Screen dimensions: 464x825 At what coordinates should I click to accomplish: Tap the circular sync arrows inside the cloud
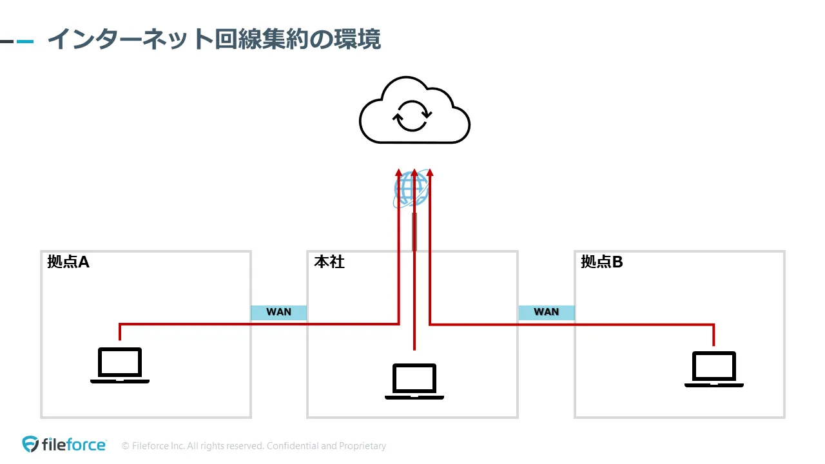point(412,116)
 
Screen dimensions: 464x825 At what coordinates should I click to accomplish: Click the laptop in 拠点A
point(120,365)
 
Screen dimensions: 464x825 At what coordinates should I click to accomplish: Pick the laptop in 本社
point(414,382)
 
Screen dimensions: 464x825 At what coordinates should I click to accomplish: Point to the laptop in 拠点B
point(713,369)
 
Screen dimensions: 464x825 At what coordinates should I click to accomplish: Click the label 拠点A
point(68,262)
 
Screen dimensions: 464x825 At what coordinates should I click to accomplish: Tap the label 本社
point(329,262)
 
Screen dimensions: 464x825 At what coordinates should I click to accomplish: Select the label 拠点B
point(602,262)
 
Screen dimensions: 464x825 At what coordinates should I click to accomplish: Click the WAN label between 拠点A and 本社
point(278,312)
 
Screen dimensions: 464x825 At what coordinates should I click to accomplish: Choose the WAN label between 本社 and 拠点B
point(547,312)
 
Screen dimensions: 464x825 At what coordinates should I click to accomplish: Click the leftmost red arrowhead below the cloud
point(399,173)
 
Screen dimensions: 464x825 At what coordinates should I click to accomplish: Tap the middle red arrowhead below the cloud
point(414,173)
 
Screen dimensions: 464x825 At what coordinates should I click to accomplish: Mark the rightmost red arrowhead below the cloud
point(430,173)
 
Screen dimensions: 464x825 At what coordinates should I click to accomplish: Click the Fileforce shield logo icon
point(30,444)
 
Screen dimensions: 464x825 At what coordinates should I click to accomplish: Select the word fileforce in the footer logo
point(74,445)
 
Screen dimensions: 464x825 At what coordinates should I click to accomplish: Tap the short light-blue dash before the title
point(25,41)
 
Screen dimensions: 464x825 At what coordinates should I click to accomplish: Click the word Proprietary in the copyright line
point(364,446)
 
